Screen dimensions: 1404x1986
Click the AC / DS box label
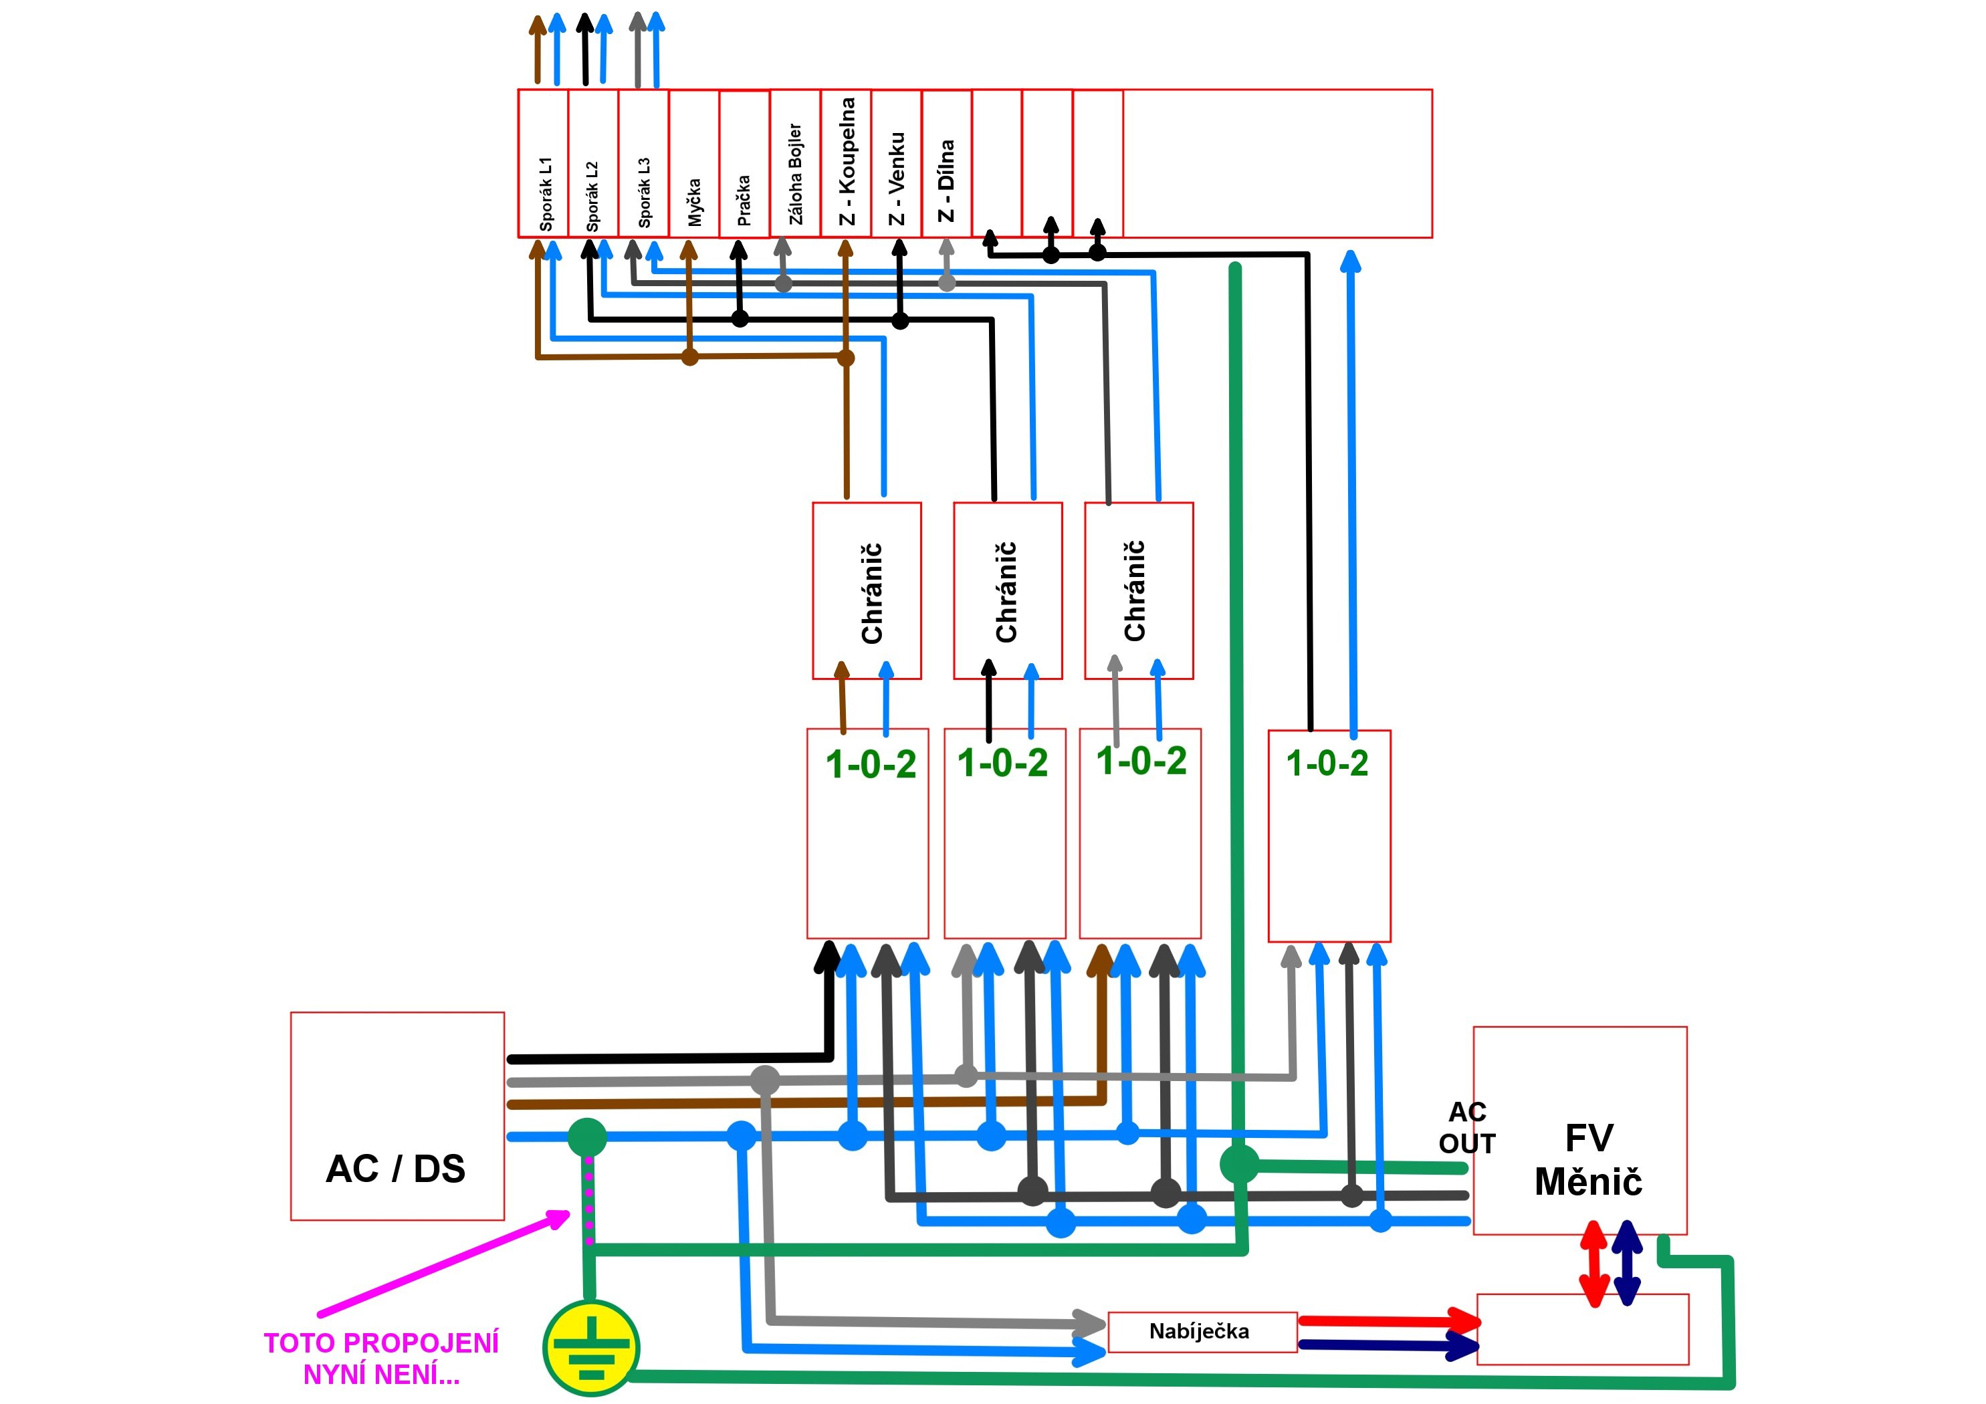[x=395, y=1169]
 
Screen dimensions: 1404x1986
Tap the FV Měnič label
[x=1588, y=1160]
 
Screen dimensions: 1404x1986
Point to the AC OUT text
[x=1467, y=1127]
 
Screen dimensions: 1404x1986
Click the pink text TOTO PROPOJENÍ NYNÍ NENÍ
[x=381, y=1357]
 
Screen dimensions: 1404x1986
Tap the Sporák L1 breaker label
[x=546, y=194]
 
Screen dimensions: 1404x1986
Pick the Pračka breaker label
[x=744, y=200]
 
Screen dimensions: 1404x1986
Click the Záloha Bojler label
[x=796, y=174]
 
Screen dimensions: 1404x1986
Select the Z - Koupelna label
[x=847, y=162]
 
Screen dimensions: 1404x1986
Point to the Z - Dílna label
[x=947, y=181]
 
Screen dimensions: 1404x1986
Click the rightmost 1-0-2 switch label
[x=1327, y=763]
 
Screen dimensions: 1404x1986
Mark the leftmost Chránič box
[x=867, y=591]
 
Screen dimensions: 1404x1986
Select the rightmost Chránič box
[x=1138, y=591]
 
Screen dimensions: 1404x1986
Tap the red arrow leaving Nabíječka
[x=1389, y=1322]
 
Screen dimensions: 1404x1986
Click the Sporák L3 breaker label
[x=643, y=192]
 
